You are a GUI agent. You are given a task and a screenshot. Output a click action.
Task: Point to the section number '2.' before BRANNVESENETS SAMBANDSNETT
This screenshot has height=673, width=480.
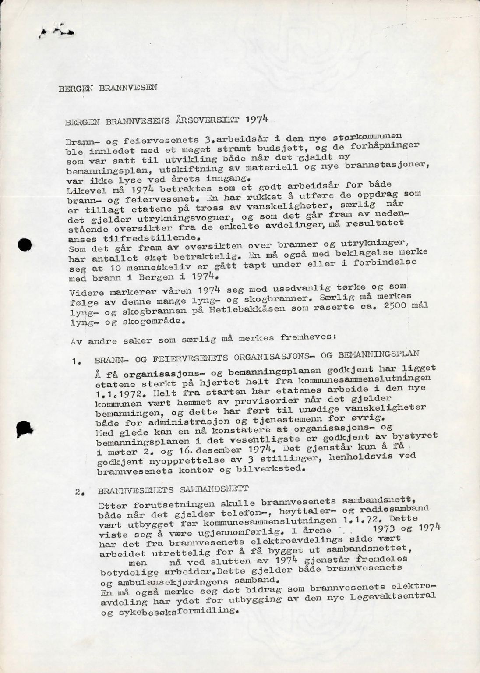pos(79,491)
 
